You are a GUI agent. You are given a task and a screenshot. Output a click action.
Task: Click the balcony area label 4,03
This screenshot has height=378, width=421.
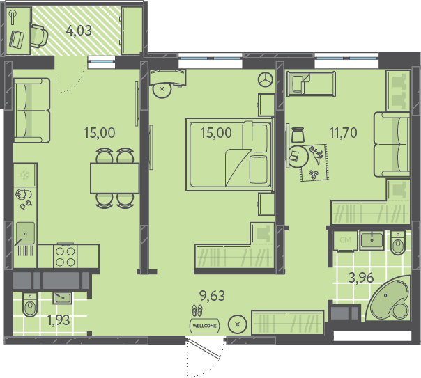pos(79,31)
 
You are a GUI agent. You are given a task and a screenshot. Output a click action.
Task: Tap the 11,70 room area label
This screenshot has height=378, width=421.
pos(344,133)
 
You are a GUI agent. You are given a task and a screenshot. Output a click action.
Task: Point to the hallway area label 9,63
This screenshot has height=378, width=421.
pos(212,296)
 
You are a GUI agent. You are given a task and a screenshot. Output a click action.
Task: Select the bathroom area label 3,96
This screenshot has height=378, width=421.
pos(361,278)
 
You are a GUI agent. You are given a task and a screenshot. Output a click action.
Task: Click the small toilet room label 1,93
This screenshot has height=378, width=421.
pos(59,320)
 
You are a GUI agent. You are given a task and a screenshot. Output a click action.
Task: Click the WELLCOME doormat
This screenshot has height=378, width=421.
pos(205,326)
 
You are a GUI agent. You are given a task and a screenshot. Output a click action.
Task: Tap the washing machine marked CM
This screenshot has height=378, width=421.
pos(345,241)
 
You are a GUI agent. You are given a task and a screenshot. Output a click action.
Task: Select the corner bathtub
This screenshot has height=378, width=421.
pos(388,298)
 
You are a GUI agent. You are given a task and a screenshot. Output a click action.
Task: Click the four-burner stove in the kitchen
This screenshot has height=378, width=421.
pos(66,256)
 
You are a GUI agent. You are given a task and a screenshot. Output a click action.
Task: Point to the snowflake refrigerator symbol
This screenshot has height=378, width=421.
pos(24,175)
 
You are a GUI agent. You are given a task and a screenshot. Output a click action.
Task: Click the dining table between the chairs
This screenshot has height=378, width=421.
pos(114,178)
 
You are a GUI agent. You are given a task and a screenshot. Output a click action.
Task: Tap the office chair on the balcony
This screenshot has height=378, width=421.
pos(39,36)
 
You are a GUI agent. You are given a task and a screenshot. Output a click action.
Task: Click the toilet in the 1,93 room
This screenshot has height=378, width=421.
pos(30,304)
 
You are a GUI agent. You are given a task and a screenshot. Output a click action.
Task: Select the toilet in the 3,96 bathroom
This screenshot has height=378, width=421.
pos(397,243)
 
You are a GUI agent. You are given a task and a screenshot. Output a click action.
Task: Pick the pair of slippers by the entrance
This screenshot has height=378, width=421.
pos(197,310)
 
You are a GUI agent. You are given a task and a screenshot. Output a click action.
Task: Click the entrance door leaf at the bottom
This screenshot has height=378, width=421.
pos(204,349)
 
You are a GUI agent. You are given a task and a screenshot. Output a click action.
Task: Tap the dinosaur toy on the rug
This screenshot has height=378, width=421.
pos(316,155)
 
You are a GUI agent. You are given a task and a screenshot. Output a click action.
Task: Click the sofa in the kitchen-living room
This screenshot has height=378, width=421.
pos(31,110)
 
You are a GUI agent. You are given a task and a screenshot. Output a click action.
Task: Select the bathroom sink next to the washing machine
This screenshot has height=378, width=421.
pos(372,240)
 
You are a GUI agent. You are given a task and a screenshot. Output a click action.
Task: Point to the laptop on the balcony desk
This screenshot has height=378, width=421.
pos(17,40)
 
